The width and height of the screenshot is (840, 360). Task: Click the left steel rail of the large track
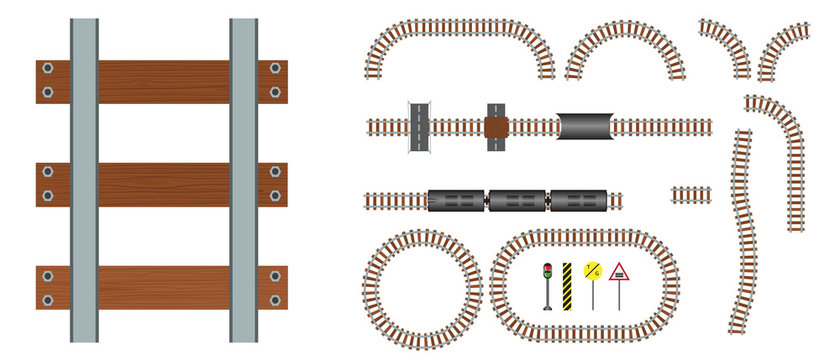pyautogui.click(x=85, y=180)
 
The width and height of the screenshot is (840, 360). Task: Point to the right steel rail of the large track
pyautogui.click(x=244, y=180)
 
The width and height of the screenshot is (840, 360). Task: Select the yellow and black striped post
pyautogui.click(x=567, y=284)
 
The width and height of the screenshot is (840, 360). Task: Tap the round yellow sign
pyautogui.click(x=592, y=272)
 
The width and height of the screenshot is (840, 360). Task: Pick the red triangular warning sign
pyautogui.click(x=618, y=272)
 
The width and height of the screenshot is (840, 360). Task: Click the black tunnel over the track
pyautogui.click(x=585, y=126)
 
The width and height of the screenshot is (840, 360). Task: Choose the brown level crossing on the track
pyautogui.click(x=496, y=127)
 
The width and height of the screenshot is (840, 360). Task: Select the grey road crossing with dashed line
pyautogui.click(x=418, y=126)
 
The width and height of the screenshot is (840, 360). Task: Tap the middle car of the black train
pyautogui.click(x=517, y=201)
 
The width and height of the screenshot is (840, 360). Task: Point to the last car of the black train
pyautogui.click(x=579, y=201)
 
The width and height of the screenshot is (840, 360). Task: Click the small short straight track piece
pyautogui.click(x=690, y=193)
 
